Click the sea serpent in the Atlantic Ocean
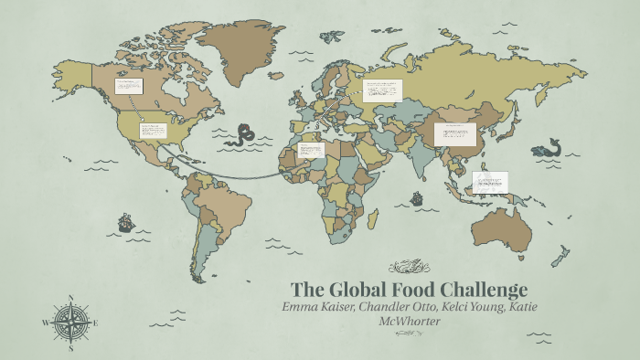point(242,135)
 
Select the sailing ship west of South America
point(125,222)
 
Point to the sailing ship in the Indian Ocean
point(417,197)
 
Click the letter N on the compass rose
point(71,298)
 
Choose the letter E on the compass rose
point(95,323)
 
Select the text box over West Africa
point(311,150)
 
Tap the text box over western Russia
point(382,90)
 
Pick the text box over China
point(454,133)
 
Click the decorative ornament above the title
point(409,267)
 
